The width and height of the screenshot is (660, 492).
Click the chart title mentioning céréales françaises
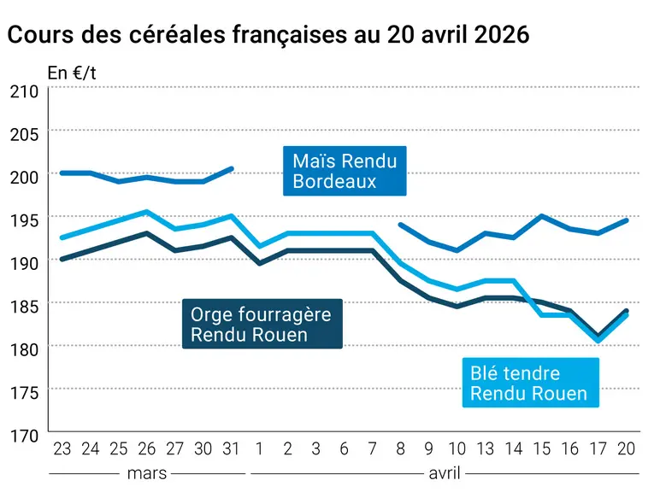[x=268, y=34]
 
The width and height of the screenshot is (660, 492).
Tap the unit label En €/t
[x=72, y=73]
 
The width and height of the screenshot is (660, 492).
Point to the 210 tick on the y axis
[x=25, y=91]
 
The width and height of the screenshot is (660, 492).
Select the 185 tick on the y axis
[x=25, y=306]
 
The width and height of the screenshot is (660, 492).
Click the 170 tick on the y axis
[x=25, y=436]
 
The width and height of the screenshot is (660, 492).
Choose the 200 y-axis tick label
[x=25, y=177]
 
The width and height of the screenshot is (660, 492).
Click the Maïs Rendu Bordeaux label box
[x=345, y=171]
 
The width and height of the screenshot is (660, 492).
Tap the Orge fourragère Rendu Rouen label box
[x=262, y=324]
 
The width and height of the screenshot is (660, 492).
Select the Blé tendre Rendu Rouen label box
[x=530, y=383]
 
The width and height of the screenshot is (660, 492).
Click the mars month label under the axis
[x=147, y=473]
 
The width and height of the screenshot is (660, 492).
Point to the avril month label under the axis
[x=445, y=473]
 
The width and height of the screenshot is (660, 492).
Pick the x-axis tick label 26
[x=146, y=449]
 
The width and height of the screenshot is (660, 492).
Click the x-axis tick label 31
[x=231, y=449]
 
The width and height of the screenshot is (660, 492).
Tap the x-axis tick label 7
[x=372, y=449]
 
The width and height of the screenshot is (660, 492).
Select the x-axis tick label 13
[x=485, y=449]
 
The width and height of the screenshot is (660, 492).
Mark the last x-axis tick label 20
[x=626, y=449]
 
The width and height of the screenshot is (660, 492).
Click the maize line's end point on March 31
[x=231, y=169]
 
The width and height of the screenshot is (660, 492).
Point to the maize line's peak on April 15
[x=542, y=216]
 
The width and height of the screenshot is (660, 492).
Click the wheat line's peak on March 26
[x=146, y=212]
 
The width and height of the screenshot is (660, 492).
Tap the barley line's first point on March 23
[x=62, y=259]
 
